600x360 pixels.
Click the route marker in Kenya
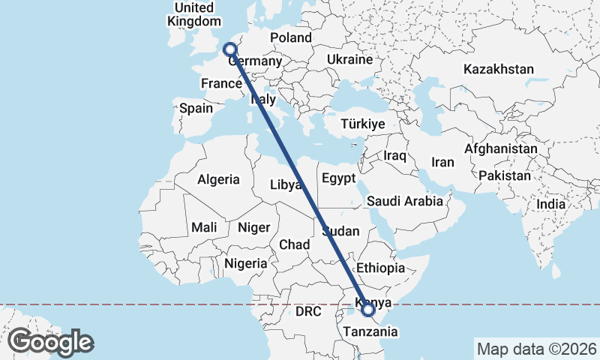point(368,309)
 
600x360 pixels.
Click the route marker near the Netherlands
point(230,49)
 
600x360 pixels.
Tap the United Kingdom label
point(193,14)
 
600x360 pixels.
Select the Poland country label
point(291,37)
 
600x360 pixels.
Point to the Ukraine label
point(349,59)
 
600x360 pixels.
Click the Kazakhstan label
point(499,69)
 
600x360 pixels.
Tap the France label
point(220,84)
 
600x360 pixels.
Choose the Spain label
point(196,108)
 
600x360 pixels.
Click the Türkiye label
point(362,124)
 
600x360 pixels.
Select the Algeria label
point(218,179)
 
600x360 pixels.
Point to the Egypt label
point(337,178)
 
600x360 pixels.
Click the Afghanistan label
point(501,148)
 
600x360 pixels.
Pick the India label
point(551,204)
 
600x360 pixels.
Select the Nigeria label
point(244,263)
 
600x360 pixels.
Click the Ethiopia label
point(381,268)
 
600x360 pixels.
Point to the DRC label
point(307,310)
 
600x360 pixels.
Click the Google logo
point(50,342)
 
